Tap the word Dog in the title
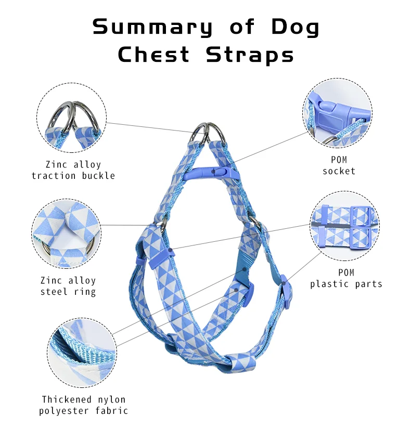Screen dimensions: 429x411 point(295,28)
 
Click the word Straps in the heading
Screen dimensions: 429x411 point(250,55)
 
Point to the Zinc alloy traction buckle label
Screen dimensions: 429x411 point(73,170)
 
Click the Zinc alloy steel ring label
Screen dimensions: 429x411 point(68,286)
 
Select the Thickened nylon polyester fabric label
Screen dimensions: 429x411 point(84,405)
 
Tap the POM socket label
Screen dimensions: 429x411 point(339,165)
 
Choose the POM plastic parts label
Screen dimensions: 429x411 point(346,278)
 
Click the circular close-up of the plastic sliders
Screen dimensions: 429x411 point(345,226)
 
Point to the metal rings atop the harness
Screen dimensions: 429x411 point(208,134)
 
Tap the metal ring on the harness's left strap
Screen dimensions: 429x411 point(162,225)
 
